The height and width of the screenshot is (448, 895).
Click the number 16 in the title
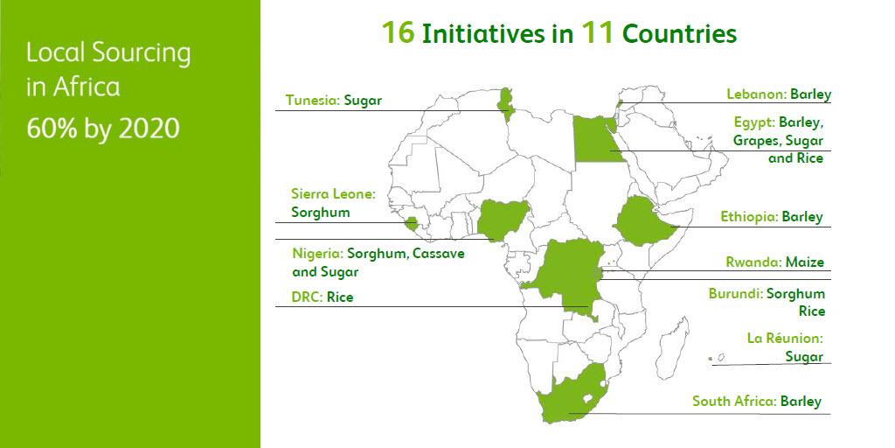398,33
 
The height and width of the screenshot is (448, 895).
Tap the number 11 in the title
597,33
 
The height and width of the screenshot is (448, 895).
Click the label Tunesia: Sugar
333,101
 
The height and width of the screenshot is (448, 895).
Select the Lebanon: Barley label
779,94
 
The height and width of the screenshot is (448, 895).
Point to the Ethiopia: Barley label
772,216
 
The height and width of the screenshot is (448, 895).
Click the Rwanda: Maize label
774,262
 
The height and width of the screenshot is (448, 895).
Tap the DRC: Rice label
323,297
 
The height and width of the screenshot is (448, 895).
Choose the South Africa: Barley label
757,402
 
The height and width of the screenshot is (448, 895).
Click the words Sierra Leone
333,194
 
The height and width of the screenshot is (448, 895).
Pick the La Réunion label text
785,338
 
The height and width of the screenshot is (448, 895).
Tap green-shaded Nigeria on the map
499,219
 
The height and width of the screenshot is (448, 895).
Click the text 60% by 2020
103,129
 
